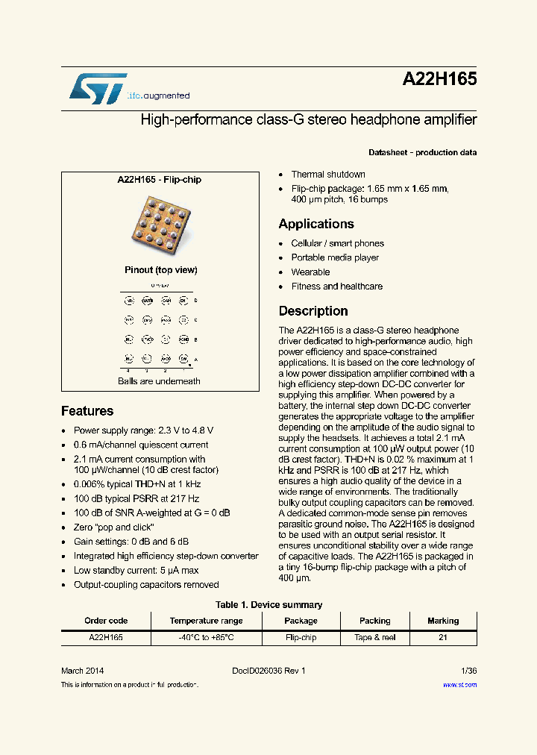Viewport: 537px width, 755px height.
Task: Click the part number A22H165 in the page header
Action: click(x=440, y=80)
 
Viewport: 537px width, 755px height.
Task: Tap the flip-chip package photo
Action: click(x=160, y=223)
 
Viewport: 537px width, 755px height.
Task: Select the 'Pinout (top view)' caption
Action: click(x=160, y=270)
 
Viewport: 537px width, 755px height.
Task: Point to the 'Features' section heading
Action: click(x=87, y=411)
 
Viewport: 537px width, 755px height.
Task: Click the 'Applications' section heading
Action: click(x=316, y=224)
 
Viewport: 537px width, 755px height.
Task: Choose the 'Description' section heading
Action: click(x=313, y=311)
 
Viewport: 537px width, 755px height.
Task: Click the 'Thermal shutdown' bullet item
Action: click(x=328, y=175)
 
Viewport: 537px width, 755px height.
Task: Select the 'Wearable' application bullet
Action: click(x=310, y=272)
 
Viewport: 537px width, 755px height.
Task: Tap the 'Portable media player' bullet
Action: click(x=335, y=257)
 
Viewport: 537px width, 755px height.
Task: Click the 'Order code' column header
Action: click(x=106, y=621)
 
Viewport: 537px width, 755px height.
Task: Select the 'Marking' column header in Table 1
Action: click(x=443, y=621)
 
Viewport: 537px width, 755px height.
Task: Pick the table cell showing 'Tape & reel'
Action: click(x=374, y=638)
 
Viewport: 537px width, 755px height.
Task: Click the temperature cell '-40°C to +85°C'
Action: click(x=206, y=638)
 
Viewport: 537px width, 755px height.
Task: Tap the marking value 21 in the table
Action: click(x=443, y=638)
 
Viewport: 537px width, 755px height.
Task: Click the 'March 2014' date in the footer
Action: click(x=82, y=671)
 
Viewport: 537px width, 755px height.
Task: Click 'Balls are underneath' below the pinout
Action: click(x=159, y=381)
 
